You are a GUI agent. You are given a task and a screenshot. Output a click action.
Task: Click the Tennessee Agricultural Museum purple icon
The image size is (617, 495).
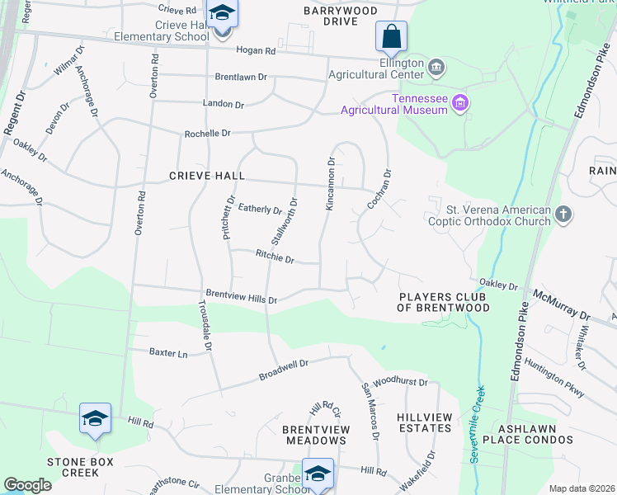460,104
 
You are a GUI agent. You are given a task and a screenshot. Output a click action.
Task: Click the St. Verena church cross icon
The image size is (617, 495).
563,215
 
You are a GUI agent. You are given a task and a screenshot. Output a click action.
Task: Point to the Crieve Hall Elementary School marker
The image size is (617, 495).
221,15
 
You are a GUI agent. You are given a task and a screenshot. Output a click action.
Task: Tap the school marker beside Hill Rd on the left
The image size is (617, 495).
95,418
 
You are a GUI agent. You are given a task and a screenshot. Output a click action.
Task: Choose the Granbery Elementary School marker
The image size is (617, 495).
318,474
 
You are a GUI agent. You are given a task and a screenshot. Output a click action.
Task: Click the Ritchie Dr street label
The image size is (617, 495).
275,258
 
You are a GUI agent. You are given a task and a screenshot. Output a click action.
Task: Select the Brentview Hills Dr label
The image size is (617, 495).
241,297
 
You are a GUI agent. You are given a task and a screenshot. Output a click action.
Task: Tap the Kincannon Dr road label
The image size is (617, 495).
330,185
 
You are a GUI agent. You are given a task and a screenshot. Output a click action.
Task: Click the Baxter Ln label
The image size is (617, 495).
168,352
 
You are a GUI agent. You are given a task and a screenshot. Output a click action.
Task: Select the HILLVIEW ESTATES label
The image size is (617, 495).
424,423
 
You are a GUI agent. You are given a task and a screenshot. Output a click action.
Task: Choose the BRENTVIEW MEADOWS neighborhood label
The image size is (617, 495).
316,436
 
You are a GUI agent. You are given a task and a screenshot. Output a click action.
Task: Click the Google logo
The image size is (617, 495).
27,485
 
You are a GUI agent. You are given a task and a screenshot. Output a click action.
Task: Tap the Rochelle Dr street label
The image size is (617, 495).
207,133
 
